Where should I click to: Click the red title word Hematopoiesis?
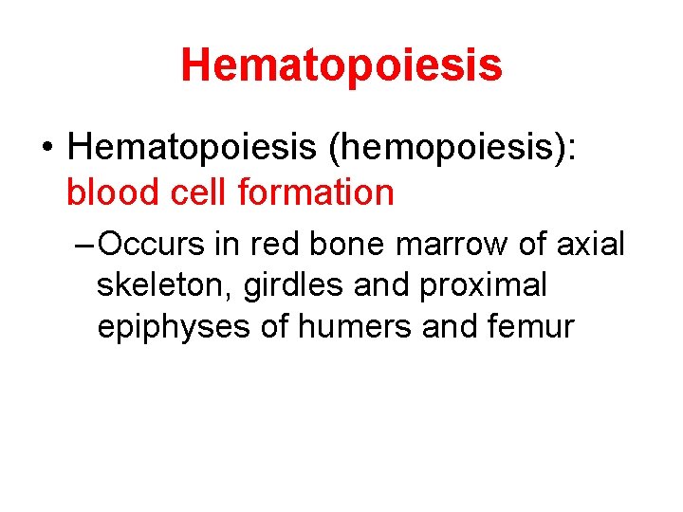(341, 64)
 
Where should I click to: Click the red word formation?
(315, 192)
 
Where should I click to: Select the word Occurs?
(153, 244)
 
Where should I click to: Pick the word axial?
(591, 244)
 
